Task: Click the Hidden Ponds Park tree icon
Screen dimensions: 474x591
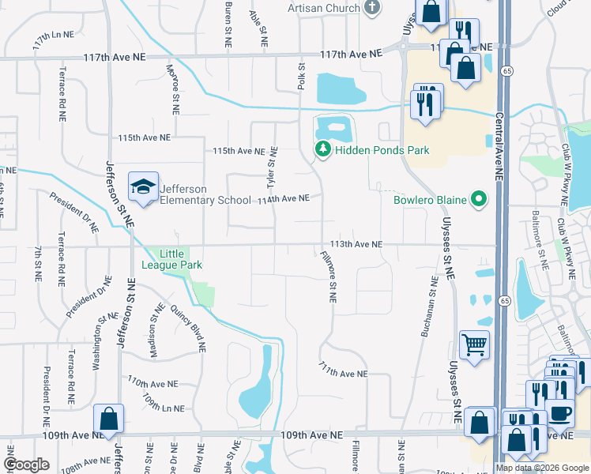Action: coord(322,149)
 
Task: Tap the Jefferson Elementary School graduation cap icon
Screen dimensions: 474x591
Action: coord(143,187)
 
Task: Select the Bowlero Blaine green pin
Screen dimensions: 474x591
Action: coord(477,199)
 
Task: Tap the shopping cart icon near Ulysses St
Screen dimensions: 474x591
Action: coord(474,344)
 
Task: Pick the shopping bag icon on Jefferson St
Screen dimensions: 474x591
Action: coord(108,419)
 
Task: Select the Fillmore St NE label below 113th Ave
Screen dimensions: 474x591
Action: coord(328,276)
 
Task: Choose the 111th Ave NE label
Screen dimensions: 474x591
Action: coord(344,370)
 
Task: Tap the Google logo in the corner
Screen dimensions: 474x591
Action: coord(26,465)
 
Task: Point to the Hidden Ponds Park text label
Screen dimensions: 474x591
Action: coord(381,149)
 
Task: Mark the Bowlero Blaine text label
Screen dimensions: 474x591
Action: coord(431,199)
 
